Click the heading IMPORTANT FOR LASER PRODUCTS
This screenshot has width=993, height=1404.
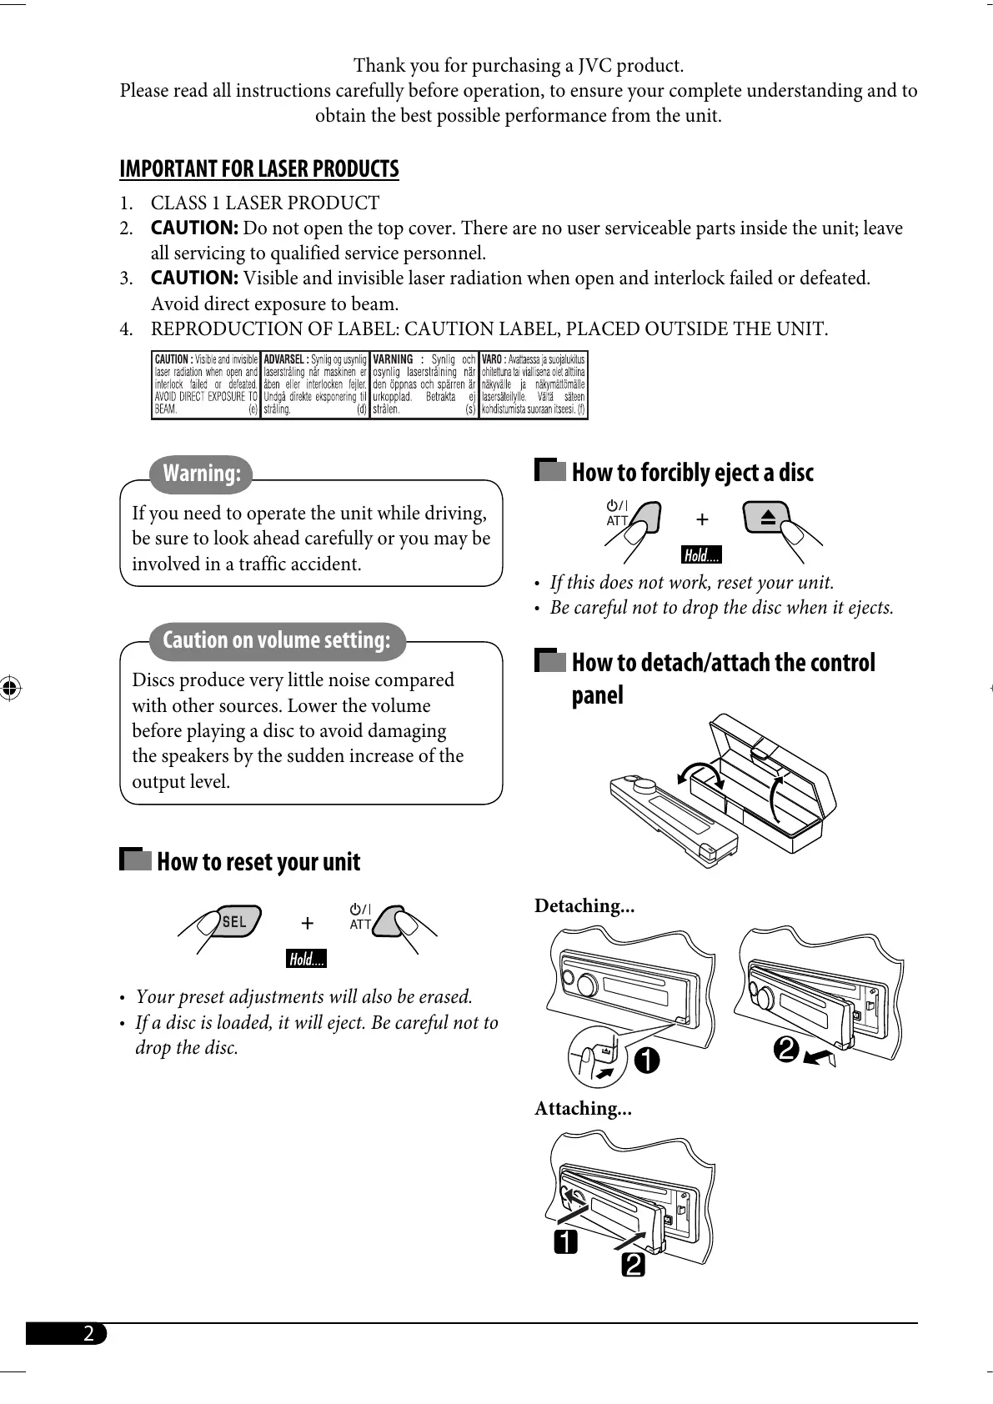tap(259, 169)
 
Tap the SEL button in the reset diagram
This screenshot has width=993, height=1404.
tap(234, 921)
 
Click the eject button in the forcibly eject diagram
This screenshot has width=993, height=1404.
tap(768, 518)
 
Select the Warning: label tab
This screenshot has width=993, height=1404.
tap(202, 474)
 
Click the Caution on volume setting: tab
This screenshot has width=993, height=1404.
tap(277, 640)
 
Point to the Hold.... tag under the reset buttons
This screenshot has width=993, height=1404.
tap(306, 960)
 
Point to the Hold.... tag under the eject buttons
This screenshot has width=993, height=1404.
tap(701, 556)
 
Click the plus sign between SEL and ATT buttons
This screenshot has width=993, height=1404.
tap(308, 923)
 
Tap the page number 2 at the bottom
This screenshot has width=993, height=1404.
tap(88, 1333)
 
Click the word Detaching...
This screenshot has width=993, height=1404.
tap(584, 906)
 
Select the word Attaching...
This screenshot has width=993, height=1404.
tap(583, 1109)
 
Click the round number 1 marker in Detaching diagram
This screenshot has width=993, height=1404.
tap(646, 1061)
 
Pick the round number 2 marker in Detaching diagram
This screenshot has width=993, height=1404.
tap(786, 1050)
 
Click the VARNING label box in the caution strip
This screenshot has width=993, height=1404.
tap(424, 384)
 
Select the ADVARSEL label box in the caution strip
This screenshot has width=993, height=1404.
tap(315, 384)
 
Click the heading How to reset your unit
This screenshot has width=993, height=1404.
tap(258, 862)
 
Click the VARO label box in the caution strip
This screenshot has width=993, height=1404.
tap(534, 384)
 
